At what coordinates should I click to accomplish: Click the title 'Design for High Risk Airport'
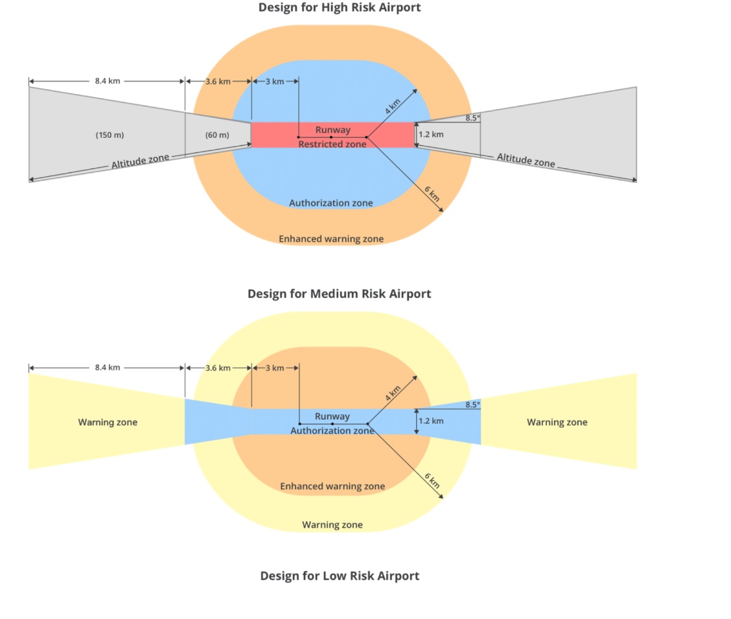click(339, 8)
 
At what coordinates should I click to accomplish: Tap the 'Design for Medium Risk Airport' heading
click(339, 294)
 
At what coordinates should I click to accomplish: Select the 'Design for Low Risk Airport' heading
click(340, 576)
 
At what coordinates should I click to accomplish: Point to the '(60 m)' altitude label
click(217, 135)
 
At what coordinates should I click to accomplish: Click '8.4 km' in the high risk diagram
click(107, 81)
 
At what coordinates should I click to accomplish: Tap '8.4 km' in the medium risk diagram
click(107, 368)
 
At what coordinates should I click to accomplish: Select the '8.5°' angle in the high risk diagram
click(472, 118)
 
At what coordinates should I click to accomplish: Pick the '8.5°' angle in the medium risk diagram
click(472, 404)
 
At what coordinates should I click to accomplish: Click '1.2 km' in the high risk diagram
click(431, 135)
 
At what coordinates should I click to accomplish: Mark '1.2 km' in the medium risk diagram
click(431, 421)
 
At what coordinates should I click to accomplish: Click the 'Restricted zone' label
click(332, 144)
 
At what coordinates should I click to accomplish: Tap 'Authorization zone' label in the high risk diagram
click(331, 203)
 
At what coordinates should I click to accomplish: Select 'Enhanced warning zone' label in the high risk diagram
click(331, 239)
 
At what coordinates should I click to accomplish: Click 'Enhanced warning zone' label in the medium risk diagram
click(332, 486)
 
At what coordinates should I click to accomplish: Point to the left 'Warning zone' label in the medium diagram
click(108, 422)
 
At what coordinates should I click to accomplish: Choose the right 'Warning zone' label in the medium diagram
click(557, 422)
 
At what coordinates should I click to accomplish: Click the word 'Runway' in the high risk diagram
click(332, 130)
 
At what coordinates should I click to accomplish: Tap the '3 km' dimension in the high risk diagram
click(275, 81)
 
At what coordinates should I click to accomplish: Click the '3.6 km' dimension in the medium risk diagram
click(218, 368)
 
